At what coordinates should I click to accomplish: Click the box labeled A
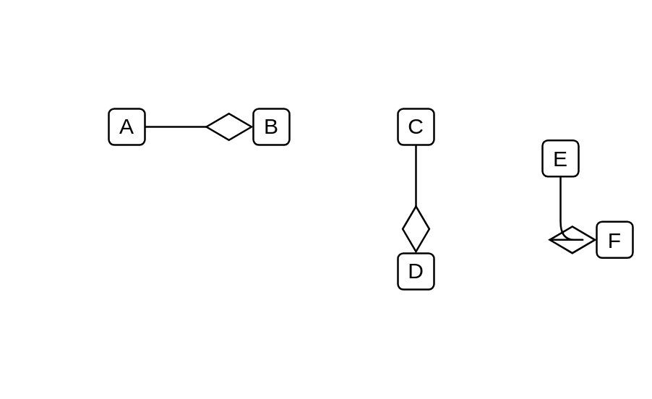[x=126, y=126]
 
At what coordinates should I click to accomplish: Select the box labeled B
[x=272, y=126]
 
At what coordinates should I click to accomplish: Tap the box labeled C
[x=416, y=126]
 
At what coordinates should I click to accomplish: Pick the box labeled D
[x=416, y=271]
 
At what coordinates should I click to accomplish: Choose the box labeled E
[x=560, y=158]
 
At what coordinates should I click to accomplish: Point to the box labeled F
[x=614, y=240]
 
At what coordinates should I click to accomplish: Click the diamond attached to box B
[x=229, y=126]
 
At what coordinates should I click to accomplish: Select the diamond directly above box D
[x=416, y=229]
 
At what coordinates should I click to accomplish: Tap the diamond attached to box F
[x=572, y=240]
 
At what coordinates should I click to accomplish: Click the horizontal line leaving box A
[x=176, y=126]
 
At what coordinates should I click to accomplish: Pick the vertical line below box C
[x=416, y=176]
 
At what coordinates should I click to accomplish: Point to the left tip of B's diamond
[x=207, y=126]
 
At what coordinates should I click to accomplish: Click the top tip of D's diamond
[x=416, y=206]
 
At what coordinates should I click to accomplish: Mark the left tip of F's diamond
[x=549, y=240]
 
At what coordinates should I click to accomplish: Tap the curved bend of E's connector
[x=564, y=236]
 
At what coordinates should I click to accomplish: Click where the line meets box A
[x=145, y=126]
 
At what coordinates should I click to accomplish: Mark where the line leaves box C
[x=416, y=145]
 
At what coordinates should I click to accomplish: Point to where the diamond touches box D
[x=416, y=252]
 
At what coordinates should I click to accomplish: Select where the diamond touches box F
[x=596, y=240]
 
